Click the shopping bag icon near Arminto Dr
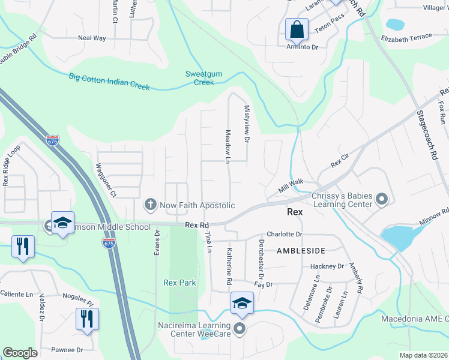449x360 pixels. pyautogui.click(x=297, y=29)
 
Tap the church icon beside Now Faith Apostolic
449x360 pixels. pyautogui.click(x=150, y=205)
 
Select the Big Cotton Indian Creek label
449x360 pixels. pyautogui.click(x=109, y=81)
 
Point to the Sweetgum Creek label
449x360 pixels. pyautogui.click(x=199, y=78)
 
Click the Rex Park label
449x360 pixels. pyautogui.click(x=179, y=283)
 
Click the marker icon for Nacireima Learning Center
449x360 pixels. pyautogui.click(x=240, y=328)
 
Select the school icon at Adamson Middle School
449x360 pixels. pyautogui.click(x=62, y=223)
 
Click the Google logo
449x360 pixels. pyautogui.click(x=20, y=353)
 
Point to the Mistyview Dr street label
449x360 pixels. pyautogui.click(x=246, y=124)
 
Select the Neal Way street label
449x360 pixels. pyautogui.click(x=92, y=38)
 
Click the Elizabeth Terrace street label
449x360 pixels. pyautogui.click(x=406, y=37)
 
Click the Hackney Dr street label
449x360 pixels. pyautogui.click(x=327, y=266)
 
